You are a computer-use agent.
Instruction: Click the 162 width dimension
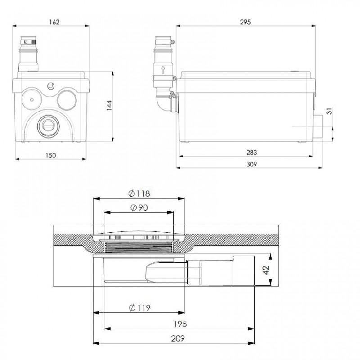[x=54, y=21]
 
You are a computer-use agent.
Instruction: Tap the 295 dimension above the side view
[x=246, y=21]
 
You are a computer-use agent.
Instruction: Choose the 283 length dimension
[x=246, y=152]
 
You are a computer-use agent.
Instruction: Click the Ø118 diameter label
[x=139, y=194]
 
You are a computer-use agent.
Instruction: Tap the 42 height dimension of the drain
[x=265, y=270]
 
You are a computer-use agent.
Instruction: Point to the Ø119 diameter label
[x=139, y=308]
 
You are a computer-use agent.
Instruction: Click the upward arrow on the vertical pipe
[x=163, y=70]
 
